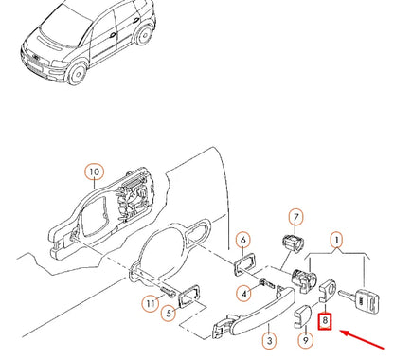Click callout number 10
click(x=95, y=171)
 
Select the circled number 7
click(x=295, y=217)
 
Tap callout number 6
click(x=243, y=241)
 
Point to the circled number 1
click(x=337, y=241)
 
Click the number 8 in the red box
click(x=325, y=321)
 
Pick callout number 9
click(x=306, y=340)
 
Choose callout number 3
click(x=270, y=341)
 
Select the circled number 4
click(x=244, y=294)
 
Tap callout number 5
click(x=169, y=313)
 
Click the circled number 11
click(x=151, y=304)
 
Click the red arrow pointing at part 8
click(x=362, y=339)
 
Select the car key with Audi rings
click(x=359, y=300)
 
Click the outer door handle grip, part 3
click(x=258, y=312)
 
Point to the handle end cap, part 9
click(x=302, y=315)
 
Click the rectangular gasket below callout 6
click(x=245, y=265)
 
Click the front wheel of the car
click(x=77, y=74)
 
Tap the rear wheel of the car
click(x=144, y=35)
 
